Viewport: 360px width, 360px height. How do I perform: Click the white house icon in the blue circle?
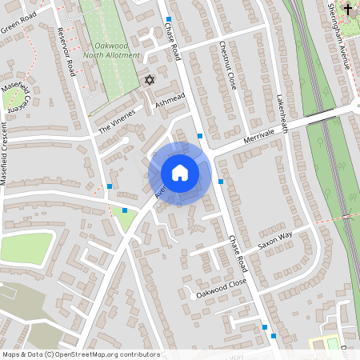(180, 173)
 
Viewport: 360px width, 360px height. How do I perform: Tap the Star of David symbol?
(148, 80)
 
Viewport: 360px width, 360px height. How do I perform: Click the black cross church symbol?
(347, 9)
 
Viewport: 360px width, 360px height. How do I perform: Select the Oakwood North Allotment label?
(113, 50)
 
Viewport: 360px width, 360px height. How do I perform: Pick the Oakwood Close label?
(221, 289)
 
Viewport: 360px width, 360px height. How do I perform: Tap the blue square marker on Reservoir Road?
(110, 186)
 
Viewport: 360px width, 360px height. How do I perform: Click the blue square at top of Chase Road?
(169, 18)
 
